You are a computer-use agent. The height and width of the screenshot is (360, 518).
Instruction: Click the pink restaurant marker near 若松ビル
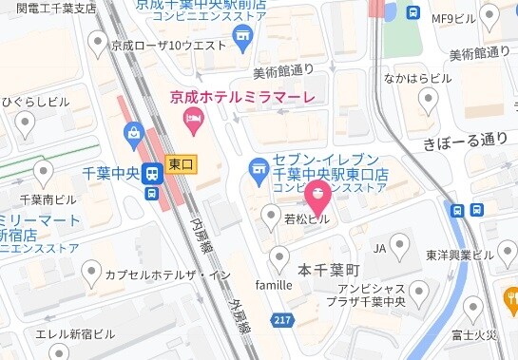pos(317,196)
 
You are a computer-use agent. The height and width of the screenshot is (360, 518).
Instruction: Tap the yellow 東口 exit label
pos(181,164)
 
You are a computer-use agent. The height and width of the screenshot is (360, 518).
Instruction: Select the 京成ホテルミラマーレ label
pos(242,96)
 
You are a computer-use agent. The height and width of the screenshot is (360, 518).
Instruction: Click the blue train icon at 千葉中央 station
pos(151,173)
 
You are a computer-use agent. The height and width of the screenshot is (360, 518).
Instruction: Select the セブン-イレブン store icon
pos(257,171)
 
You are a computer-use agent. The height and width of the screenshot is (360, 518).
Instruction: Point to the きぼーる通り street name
pos(467,140)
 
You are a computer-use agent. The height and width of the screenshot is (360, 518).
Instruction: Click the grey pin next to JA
pos(400,247)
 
